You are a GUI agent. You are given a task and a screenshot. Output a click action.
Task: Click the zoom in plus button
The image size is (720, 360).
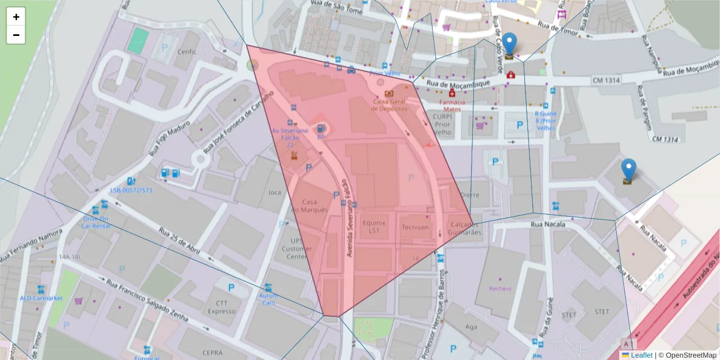[16, 17]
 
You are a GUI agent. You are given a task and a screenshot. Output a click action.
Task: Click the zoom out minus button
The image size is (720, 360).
[16, 35]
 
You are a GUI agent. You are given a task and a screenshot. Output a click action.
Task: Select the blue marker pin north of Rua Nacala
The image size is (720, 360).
[628, 170]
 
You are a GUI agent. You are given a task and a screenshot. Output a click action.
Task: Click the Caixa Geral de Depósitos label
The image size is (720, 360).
[389, 105]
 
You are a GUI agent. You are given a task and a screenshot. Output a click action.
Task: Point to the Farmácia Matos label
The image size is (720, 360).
[452, 106]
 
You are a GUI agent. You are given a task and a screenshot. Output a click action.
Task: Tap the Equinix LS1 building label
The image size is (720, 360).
[374, 226]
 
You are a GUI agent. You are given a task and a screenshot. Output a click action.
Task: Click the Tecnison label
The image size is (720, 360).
[415, 227]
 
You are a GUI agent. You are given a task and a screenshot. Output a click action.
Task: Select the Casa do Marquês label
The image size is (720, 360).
[310, 206]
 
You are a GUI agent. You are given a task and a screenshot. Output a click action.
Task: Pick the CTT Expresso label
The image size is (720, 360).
[221, 307]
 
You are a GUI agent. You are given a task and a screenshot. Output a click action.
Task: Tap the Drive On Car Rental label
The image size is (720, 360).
[95, 223]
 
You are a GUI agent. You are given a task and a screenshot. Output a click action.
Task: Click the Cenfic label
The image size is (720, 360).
[187, 52]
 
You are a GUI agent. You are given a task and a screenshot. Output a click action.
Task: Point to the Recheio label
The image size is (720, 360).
[500, 289]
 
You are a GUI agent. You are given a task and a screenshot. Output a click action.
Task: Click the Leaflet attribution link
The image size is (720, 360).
[641, 355]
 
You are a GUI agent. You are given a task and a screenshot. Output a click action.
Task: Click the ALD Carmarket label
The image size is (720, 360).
[41, 298]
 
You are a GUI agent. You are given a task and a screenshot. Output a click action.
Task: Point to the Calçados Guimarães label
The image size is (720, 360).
[465, 228]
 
